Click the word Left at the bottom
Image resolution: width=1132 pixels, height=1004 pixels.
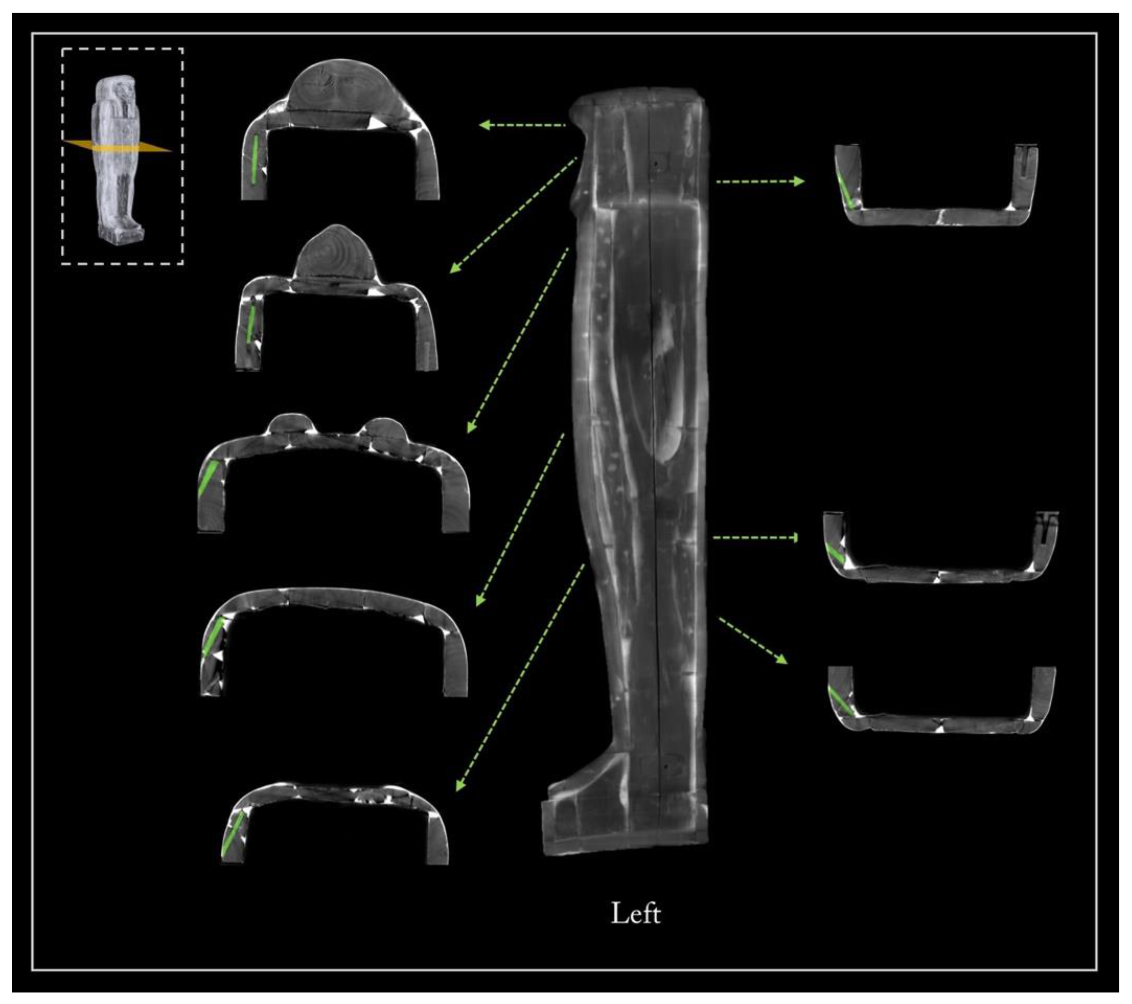(x=635, y=913)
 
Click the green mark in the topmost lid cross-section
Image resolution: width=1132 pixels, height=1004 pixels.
(x=255, y=159)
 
